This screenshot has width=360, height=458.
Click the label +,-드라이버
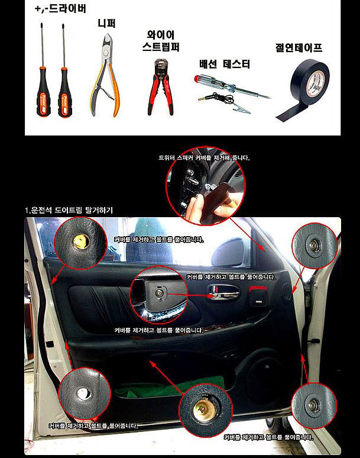[x=61, y=9]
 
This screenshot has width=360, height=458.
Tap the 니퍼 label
[x=106, y=24]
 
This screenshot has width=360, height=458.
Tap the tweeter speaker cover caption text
[x=204, y=158]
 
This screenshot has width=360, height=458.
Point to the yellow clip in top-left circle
[x=79, y=241]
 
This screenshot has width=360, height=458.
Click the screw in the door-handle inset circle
[x=161, y=291]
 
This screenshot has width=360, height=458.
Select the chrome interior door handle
[x=221, y=290]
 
